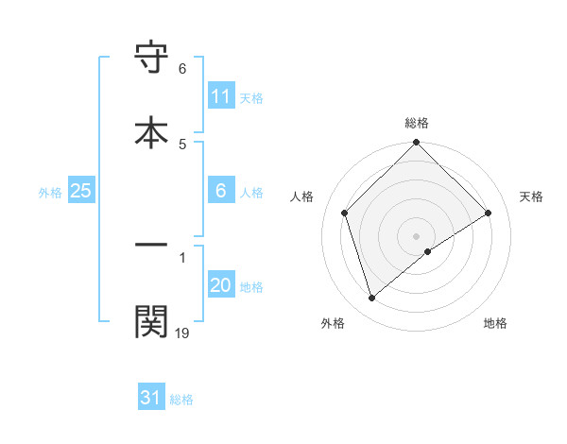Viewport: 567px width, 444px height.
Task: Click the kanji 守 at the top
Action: (152, 59)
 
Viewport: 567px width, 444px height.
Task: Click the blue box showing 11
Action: (220, 97)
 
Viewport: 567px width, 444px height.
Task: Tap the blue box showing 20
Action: (220, 286)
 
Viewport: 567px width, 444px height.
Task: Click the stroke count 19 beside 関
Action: (181, 332)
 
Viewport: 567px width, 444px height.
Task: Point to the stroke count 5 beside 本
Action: (182, 144)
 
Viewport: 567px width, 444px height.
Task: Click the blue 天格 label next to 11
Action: (251, 98)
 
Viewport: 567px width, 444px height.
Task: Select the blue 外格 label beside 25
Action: (50, 193)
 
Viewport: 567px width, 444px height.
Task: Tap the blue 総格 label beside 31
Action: (181, 400)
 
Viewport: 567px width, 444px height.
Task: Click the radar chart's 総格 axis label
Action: (417, 123)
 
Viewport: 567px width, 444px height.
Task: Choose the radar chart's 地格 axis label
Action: (495, 323)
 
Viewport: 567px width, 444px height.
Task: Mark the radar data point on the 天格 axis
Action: (489, 213)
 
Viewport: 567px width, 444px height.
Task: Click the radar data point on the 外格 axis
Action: (371, 299)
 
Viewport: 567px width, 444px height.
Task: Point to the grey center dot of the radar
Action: (417, 236)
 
